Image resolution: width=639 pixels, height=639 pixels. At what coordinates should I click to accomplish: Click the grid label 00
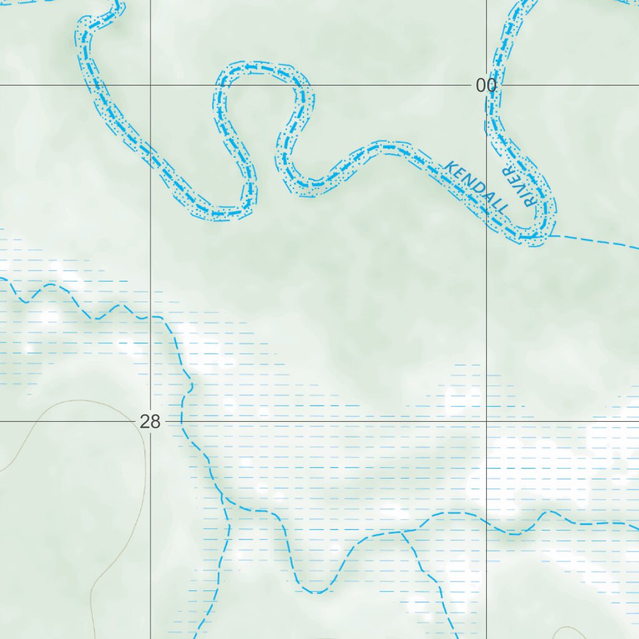click(x=486, y=85)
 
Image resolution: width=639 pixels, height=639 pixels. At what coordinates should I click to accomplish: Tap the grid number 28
click(x=150, y=422)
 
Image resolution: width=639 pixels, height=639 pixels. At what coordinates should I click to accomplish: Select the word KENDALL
click(x=477, y=187)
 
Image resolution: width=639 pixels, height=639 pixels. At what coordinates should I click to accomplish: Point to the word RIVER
click(x=519, y=187)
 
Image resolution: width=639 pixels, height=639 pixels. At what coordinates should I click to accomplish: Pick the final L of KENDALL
click(x=503, y=207)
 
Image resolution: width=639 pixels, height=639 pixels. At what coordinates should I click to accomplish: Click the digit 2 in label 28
click(x=145, y=422)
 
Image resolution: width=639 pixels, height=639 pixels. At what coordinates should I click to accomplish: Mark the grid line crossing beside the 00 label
click(x=487, y=85)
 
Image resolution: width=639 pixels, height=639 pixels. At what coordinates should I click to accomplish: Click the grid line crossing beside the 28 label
click(x=150, y=421)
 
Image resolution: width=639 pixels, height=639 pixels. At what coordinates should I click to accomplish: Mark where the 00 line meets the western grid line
click(x=150, y=85)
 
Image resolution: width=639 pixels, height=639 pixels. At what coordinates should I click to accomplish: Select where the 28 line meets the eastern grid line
click(x=487, y=421)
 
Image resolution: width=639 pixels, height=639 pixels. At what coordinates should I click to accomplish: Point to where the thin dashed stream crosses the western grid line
click(x=150, y=317)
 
